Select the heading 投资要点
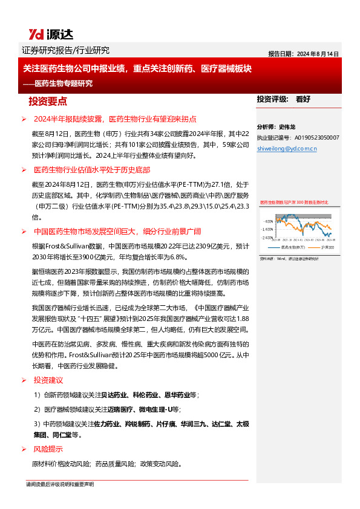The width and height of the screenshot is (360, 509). tap(48, 101)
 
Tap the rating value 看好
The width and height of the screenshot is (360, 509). tap(303, 99)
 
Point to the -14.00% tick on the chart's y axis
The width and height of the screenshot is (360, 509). tap(266, 230)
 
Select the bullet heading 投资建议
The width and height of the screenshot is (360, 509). tap(48, 380)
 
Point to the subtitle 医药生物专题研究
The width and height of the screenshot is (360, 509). tap(64, 83)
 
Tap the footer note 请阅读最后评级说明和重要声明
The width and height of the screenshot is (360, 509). tap(59, 485)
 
